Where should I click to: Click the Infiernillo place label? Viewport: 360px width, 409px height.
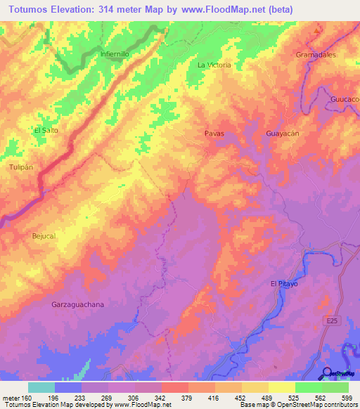coord(115,53)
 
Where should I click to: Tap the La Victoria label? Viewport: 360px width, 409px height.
coord(214,65)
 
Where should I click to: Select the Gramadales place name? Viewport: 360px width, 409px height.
coord(316,54)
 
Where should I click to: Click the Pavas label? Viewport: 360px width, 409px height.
coord(214,133)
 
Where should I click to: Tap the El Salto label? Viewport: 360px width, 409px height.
coord(46,131)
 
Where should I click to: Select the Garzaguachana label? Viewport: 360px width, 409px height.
coord(78,304)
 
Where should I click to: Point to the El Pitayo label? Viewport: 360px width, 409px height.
coord(284,283)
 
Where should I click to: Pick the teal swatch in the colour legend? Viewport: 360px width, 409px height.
coord(41,387)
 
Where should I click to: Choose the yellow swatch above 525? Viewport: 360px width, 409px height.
coord(282,387)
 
